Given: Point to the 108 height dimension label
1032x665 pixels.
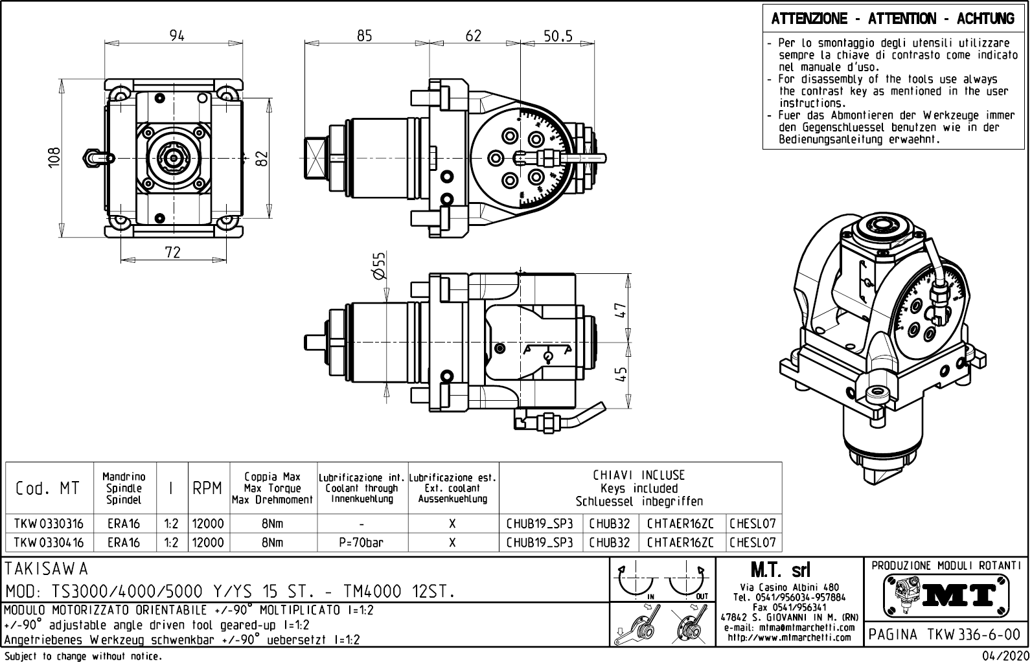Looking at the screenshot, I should (54, 157).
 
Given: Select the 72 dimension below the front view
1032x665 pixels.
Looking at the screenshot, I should (172, 252).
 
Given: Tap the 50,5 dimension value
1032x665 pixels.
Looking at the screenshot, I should (558, 36).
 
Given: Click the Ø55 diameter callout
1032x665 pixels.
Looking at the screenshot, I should (379, 265).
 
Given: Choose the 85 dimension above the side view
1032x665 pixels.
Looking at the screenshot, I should (364, 36).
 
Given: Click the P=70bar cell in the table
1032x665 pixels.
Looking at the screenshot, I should (361, 543).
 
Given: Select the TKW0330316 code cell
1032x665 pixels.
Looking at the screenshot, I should (49, 523).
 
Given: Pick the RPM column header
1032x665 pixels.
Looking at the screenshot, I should (207, 488).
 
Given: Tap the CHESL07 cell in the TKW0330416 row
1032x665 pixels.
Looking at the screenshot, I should (752, 543).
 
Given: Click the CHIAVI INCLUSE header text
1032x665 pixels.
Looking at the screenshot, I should (639, 475).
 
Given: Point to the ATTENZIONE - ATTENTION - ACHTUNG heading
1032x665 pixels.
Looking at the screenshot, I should (893, 19).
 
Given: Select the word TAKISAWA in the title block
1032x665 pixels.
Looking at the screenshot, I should (46, 569).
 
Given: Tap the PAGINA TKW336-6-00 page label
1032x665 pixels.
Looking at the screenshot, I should (946, 634).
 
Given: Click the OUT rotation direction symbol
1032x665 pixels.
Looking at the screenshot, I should (687, 582).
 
